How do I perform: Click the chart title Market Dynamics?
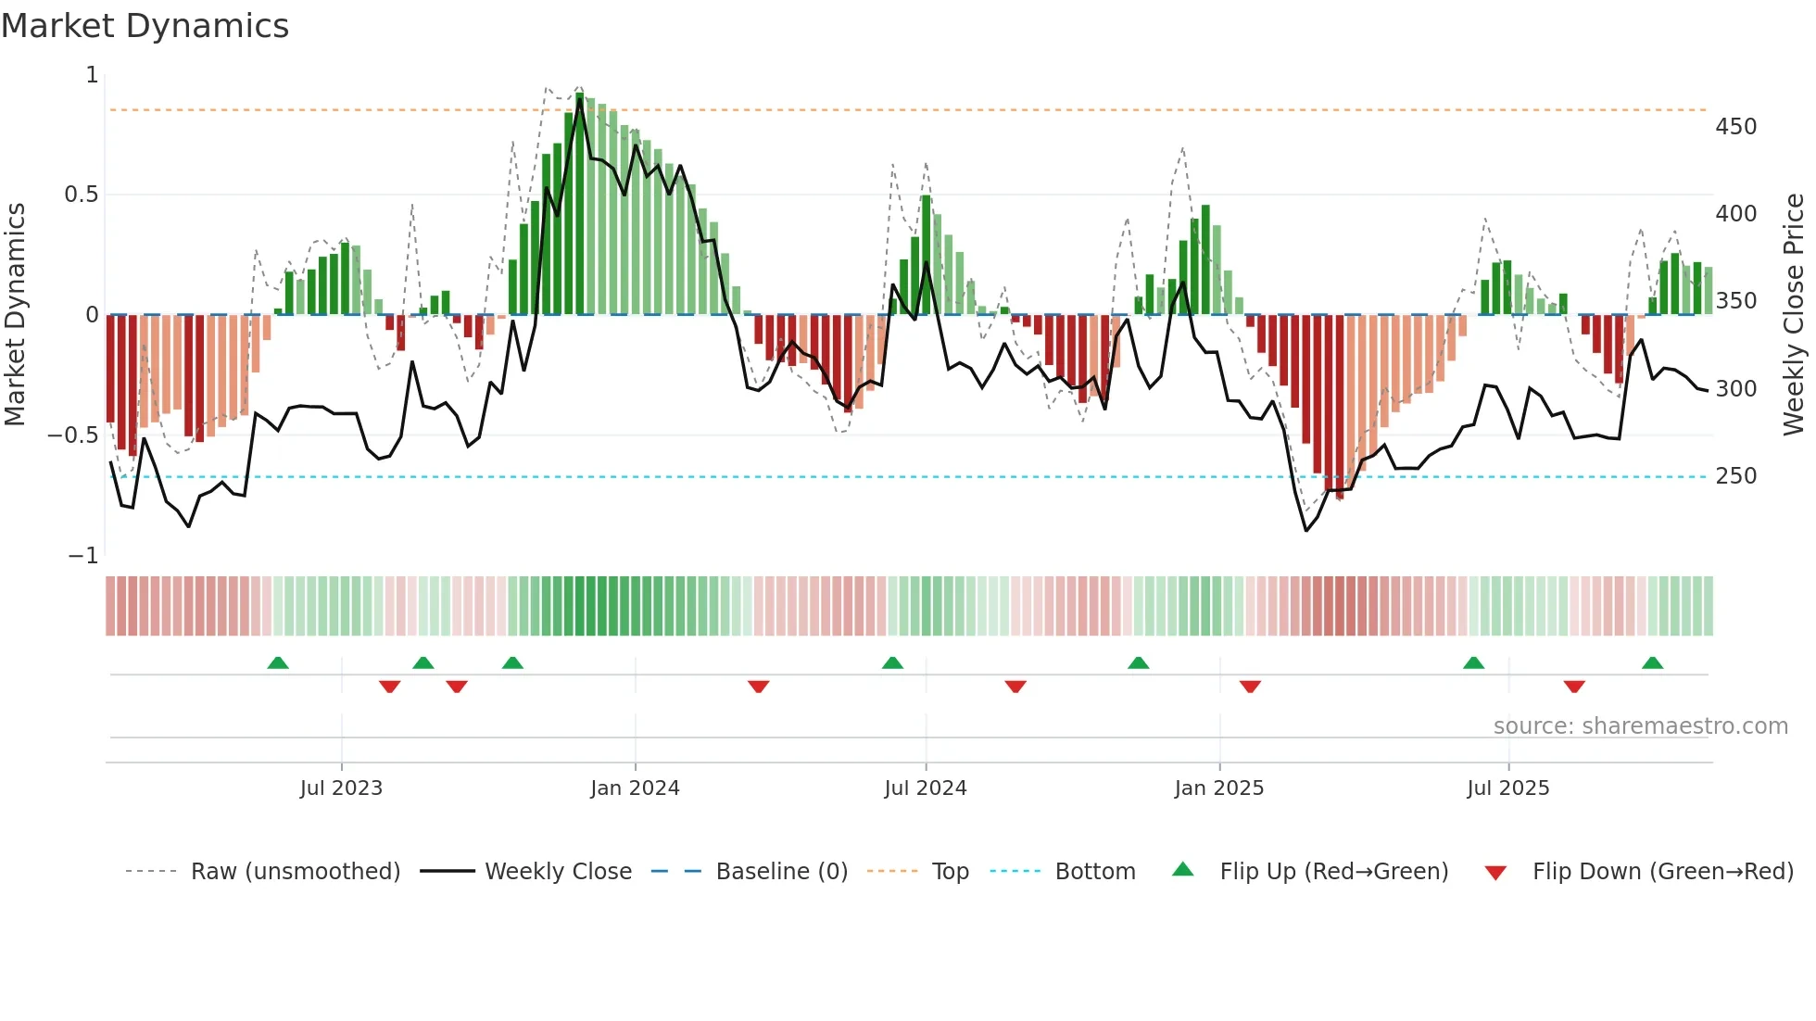point(145,26)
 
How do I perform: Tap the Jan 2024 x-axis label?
point(635,788)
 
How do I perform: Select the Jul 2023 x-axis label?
point(341,788)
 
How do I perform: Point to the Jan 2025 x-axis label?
point(1218,788)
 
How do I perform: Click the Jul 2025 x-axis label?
point(1507,788)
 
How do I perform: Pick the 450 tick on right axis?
point(1735,127)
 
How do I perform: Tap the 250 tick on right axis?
point(1735,476)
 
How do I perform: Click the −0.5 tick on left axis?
point(72,435)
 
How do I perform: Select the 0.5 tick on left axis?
point(81,195)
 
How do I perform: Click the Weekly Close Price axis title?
point(1794,315)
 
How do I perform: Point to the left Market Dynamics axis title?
point(15,315)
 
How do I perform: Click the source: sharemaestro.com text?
point(1640,726)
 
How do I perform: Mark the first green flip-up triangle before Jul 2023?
point(278,662)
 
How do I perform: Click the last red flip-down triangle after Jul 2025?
point(1574,687)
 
